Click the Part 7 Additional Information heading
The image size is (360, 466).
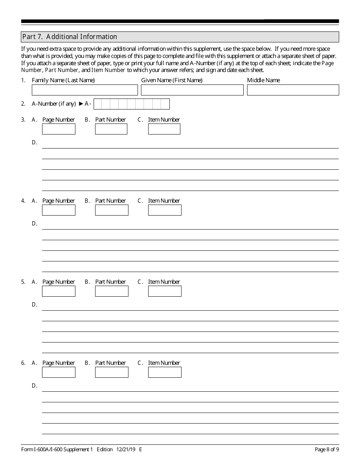[x=70, y=37]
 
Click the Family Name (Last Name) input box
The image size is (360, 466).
[x=85, y=90]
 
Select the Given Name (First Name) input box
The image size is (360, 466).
[x=192, y=90]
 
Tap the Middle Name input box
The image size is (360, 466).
[x=293, y=90]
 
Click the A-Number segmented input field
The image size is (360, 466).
[x=131, y=104]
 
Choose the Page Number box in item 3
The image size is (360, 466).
[x=59, y=129]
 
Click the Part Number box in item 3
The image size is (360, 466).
[x=111, y=129]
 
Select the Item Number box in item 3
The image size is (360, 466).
[x=164, y=129]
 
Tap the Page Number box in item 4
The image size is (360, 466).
[x=59, y=210]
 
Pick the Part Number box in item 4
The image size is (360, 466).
[x=112, y=210]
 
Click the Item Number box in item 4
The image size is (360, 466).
[x=165, y=210]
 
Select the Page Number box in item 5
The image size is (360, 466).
[x=59, y=291]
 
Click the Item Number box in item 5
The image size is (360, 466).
[x=165, y=291]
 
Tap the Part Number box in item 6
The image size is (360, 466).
[x=112, y=372]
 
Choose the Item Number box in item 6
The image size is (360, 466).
[x=165, y=372]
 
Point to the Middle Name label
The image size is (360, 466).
[x=263, y=80]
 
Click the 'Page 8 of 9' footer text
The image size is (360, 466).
[x=327, y=450]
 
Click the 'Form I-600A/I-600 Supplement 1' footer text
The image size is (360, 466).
[x=57, y=450]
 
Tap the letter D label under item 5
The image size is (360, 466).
[x=34, y=305]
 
